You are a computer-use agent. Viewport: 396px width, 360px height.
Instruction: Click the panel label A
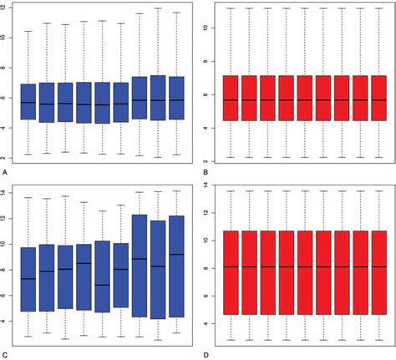tap(5, 171)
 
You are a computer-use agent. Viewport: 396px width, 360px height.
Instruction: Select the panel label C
tap(5, 355)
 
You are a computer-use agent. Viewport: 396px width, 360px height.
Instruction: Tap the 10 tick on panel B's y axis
tap(211, 28)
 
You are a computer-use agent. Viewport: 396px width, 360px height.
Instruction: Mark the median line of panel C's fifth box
tap(103, 285)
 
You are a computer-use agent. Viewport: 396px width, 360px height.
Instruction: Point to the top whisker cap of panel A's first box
tap(28, 31)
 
